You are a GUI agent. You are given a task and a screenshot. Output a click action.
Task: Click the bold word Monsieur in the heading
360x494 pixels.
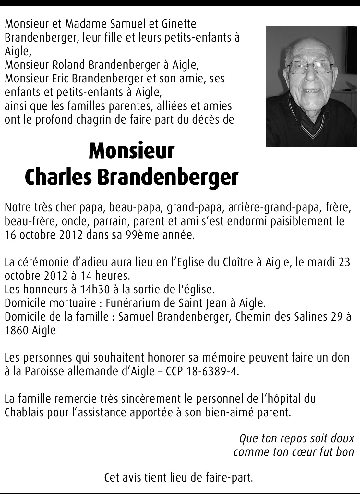click(x=132, y=152)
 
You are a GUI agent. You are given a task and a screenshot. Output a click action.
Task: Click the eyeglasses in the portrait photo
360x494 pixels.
click(x=310, y=67)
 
